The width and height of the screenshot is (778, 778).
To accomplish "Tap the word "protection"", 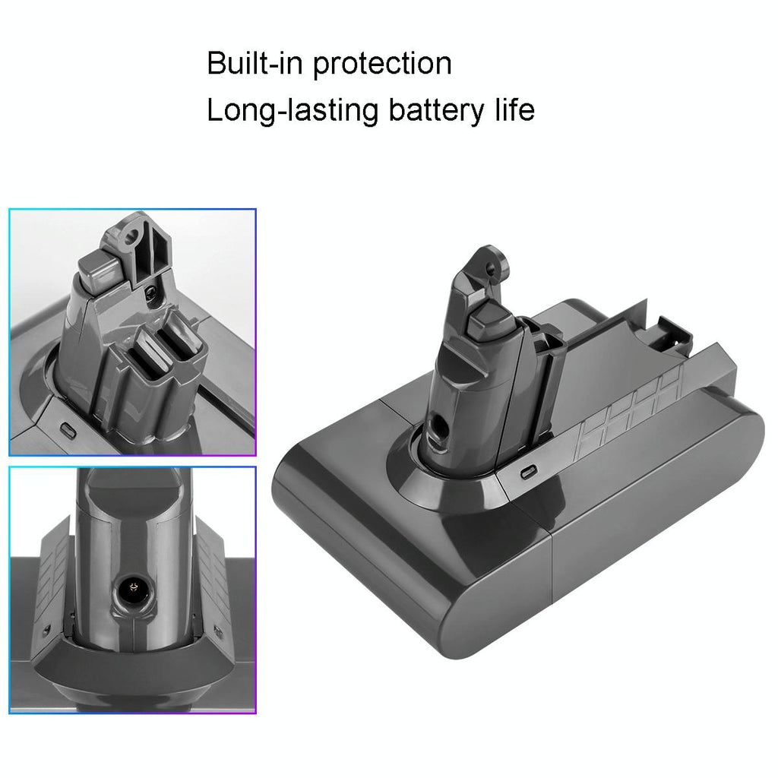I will (x=382, y=65).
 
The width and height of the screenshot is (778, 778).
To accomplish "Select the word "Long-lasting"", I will (x=293, y=111).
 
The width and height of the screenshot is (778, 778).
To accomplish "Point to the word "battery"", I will (x=432, y=111).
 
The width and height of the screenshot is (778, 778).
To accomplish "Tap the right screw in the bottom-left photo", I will (x=219, y=631).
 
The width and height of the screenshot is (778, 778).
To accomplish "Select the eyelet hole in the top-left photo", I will (x=137, y=229).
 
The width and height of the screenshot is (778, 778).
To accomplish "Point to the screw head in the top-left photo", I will (x=153, y=289).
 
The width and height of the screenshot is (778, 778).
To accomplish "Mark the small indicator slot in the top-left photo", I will (x=68, y=429).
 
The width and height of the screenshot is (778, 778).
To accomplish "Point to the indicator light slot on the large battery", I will (x=525, y=471).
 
